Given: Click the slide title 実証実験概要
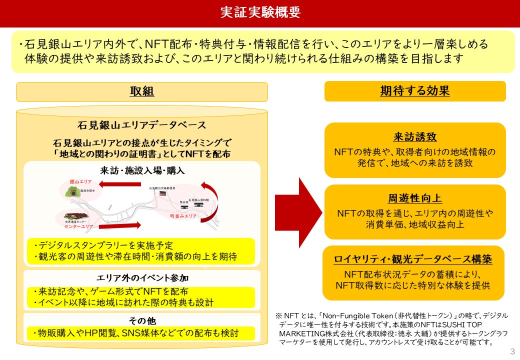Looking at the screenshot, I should (260, 12).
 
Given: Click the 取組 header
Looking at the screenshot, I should (142, 91).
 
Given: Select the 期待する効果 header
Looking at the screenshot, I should (414, 91).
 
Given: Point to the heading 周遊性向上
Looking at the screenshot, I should (415, 199).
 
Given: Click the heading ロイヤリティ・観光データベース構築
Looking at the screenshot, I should (413, 259).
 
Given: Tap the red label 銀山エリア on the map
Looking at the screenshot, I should (80, 181).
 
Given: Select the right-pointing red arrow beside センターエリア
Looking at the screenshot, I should (120, 225).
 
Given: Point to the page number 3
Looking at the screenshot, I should (511, 351).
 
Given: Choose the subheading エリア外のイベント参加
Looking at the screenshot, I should (142, 278).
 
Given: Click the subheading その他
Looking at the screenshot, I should (142, 320).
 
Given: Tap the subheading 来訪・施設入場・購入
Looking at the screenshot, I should (142, 170).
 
